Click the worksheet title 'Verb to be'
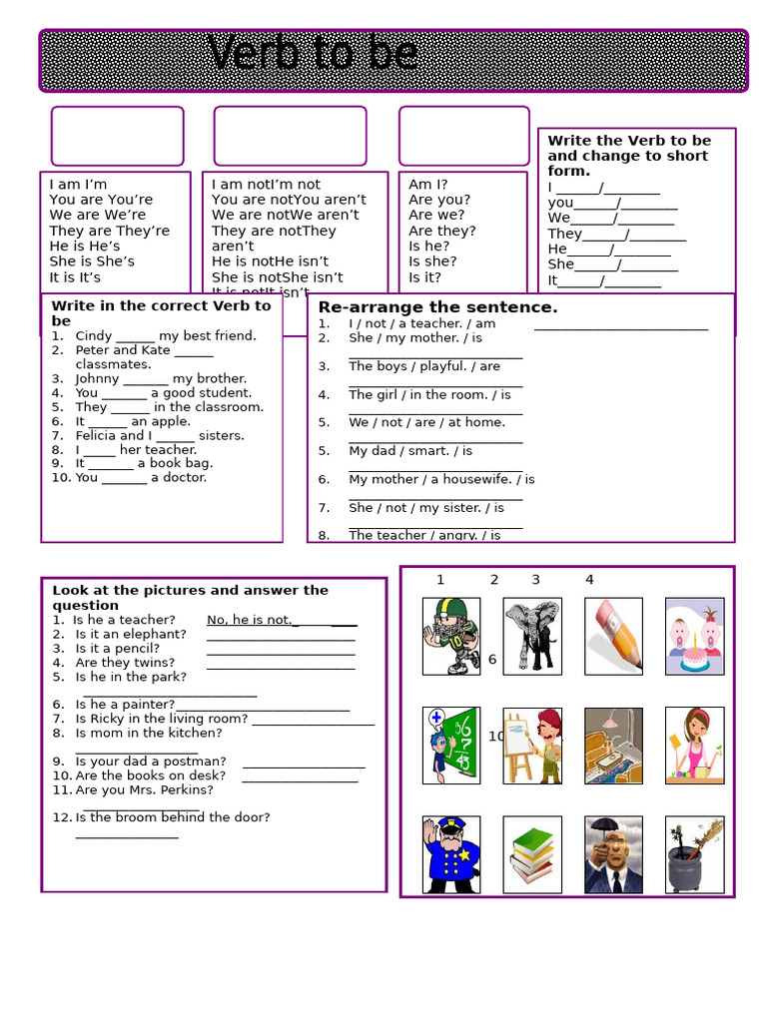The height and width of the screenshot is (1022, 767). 313,54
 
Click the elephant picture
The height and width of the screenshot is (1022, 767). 531,636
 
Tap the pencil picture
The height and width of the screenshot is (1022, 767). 612,636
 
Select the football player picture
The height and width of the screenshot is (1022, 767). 450,636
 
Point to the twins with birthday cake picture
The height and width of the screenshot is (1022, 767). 694,636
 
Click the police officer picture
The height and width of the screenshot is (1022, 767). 450,854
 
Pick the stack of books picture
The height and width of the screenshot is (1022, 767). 531,854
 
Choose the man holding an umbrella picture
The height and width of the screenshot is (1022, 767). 612,854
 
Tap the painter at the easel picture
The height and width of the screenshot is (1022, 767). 531,746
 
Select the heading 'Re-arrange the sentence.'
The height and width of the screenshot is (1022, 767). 437,307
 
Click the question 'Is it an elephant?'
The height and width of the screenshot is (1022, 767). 131,634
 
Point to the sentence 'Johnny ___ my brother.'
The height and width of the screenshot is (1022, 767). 161,378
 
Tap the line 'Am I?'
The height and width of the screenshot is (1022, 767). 428,184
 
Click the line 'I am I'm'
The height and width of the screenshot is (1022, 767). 78,184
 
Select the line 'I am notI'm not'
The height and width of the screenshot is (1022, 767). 266,184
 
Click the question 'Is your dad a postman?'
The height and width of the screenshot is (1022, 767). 151,761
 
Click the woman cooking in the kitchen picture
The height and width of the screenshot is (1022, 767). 694,746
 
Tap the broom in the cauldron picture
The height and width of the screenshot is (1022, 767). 694,854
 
